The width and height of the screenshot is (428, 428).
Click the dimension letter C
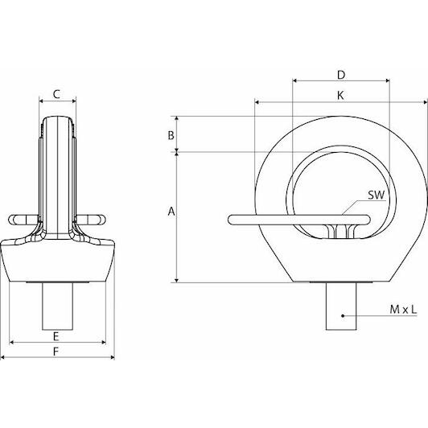pyautogui.click(x=56, y=94)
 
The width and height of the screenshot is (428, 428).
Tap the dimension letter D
pyautogui.click(x=341, y=75)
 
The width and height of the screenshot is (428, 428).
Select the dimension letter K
pyautogui.click(x=340, y=96)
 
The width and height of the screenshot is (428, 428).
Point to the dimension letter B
pyautogui.click(x=171, y=135)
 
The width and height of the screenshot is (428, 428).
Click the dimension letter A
pyautogui.click(x=171, y=212)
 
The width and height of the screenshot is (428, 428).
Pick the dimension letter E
pyautogui.click(x=56, y=336)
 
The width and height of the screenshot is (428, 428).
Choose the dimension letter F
pyautogui.click(x=56, y=352)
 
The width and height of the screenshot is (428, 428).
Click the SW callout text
pyautogui.click(x=377, y=195)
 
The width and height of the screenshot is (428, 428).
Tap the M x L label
pyautogui.click(x=403, y=310)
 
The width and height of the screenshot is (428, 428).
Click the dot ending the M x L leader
pyautogui.click(x=343, y=316)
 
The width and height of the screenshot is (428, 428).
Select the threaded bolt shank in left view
pyautogui.click(x=57, y=307)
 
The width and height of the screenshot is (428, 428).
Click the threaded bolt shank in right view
pyautogui.click(x=341, y=307)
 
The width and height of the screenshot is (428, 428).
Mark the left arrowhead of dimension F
pyautogui.click(x=3, y=357)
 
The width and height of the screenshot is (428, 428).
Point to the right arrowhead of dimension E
pyautogui.click(x=104, y=342)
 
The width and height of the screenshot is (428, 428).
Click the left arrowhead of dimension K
pyautogui.click(x=257, y=102)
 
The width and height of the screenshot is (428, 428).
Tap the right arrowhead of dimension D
pyautogui.click(x=387, y=80)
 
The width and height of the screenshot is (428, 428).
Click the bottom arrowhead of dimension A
pyautogui.click(x=177, y=280)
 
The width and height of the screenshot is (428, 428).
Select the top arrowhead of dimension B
pyautogui.click(x=177, y=118)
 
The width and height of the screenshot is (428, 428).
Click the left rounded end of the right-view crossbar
pyautogui.click(x=230, y=220)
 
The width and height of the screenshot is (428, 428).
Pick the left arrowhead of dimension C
pyautogui.click(x=42, y=101)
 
